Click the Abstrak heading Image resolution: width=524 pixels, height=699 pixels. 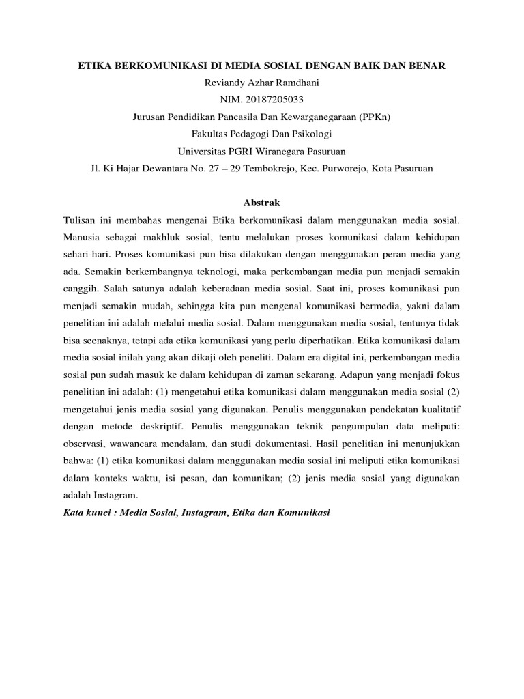point(262,203)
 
